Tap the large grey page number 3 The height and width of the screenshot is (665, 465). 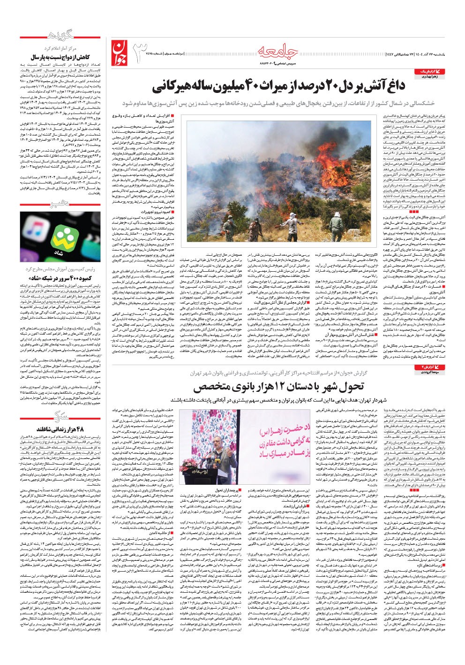[142, 52]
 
